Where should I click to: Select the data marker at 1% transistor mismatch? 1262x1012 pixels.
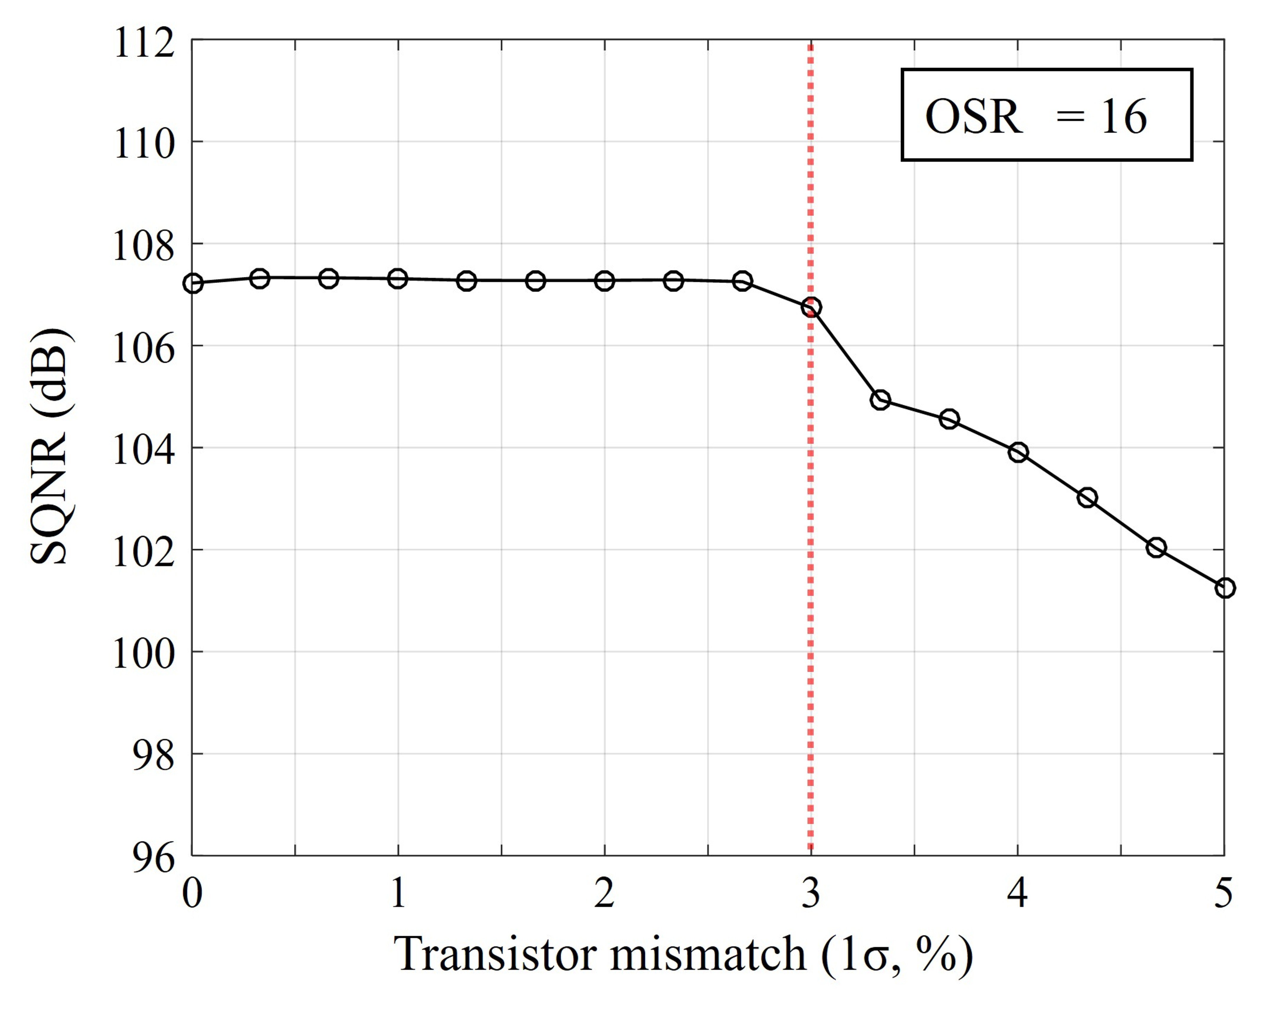398,279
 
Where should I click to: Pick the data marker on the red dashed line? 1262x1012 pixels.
811,307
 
